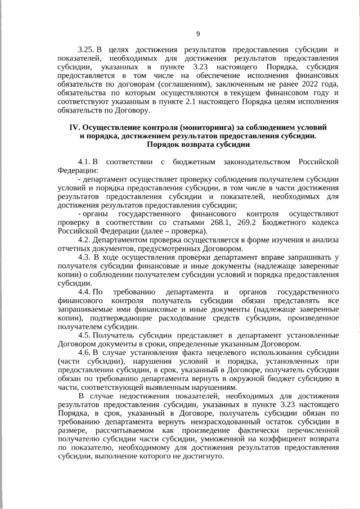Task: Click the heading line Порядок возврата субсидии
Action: click(197, 144)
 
